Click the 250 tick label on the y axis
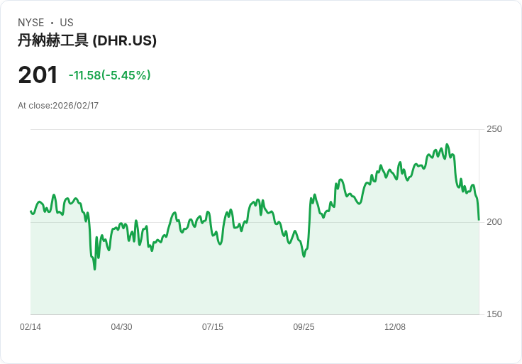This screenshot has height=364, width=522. coord(494,129)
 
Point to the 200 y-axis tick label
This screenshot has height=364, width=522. coord(494,222)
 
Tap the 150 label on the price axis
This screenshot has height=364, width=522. coord(494,314)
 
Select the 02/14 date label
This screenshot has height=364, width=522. coord(30,327)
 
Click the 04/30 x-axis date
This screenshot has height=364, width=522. coord(121,327)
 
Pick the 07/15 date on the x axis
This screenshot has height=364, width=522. coord(213,327)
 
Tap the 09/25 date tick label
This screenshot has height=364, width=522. coord(304,327)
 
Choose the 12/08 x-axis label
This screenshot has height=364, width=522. coord(395,327)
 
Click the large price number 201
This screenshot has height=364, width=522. coord(38,75)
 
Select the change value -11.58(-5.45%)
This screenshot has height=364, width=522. coord(109,75)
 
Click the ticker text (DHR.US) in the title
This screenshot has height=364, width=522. coord(125,40)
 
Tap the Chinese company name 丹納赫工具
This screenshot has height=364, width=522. coord(53,40)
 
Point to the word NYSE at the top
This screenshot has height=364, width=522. coord(31,23)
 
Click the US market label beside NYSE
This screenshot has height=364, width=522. coord(67,23)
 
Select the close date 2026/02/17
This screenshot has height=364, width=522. coord(75,106)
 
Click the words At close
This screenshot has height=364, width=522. coord(33,106)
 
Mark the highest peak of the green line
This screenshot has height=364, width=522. coord(447,145)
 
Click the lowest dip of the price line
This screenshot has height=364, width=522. coord(94,269)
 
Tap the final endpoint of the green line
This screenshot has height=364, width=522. coord(479,219)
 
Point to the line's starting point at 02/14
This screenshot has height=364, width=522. coord(30,211)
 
